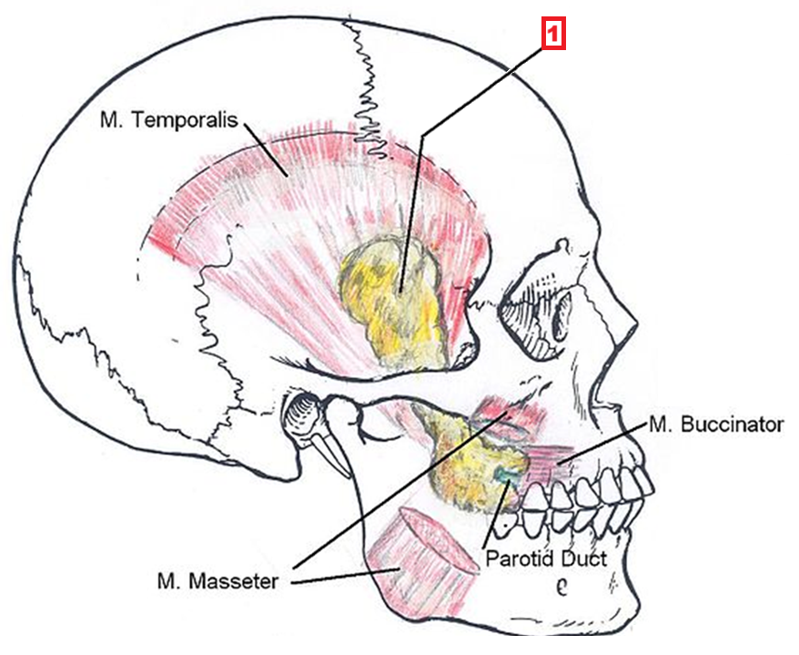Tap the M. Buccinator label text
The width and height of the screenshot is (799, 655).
tap(715, 425)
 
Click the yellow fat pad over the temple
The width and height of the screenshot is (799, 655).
tap(396, 292)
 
